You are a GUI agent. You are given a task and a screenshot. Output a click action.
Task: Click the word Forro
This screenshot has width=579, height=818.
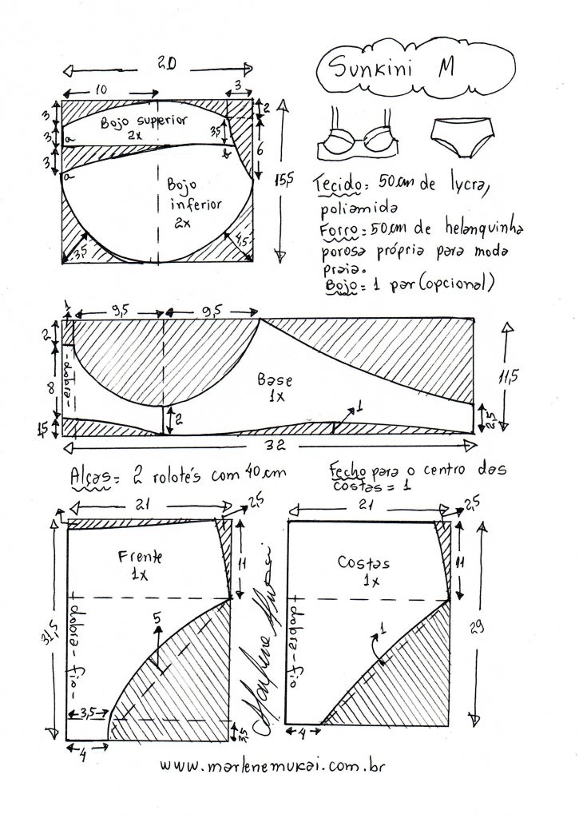(x=335, y=229)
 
